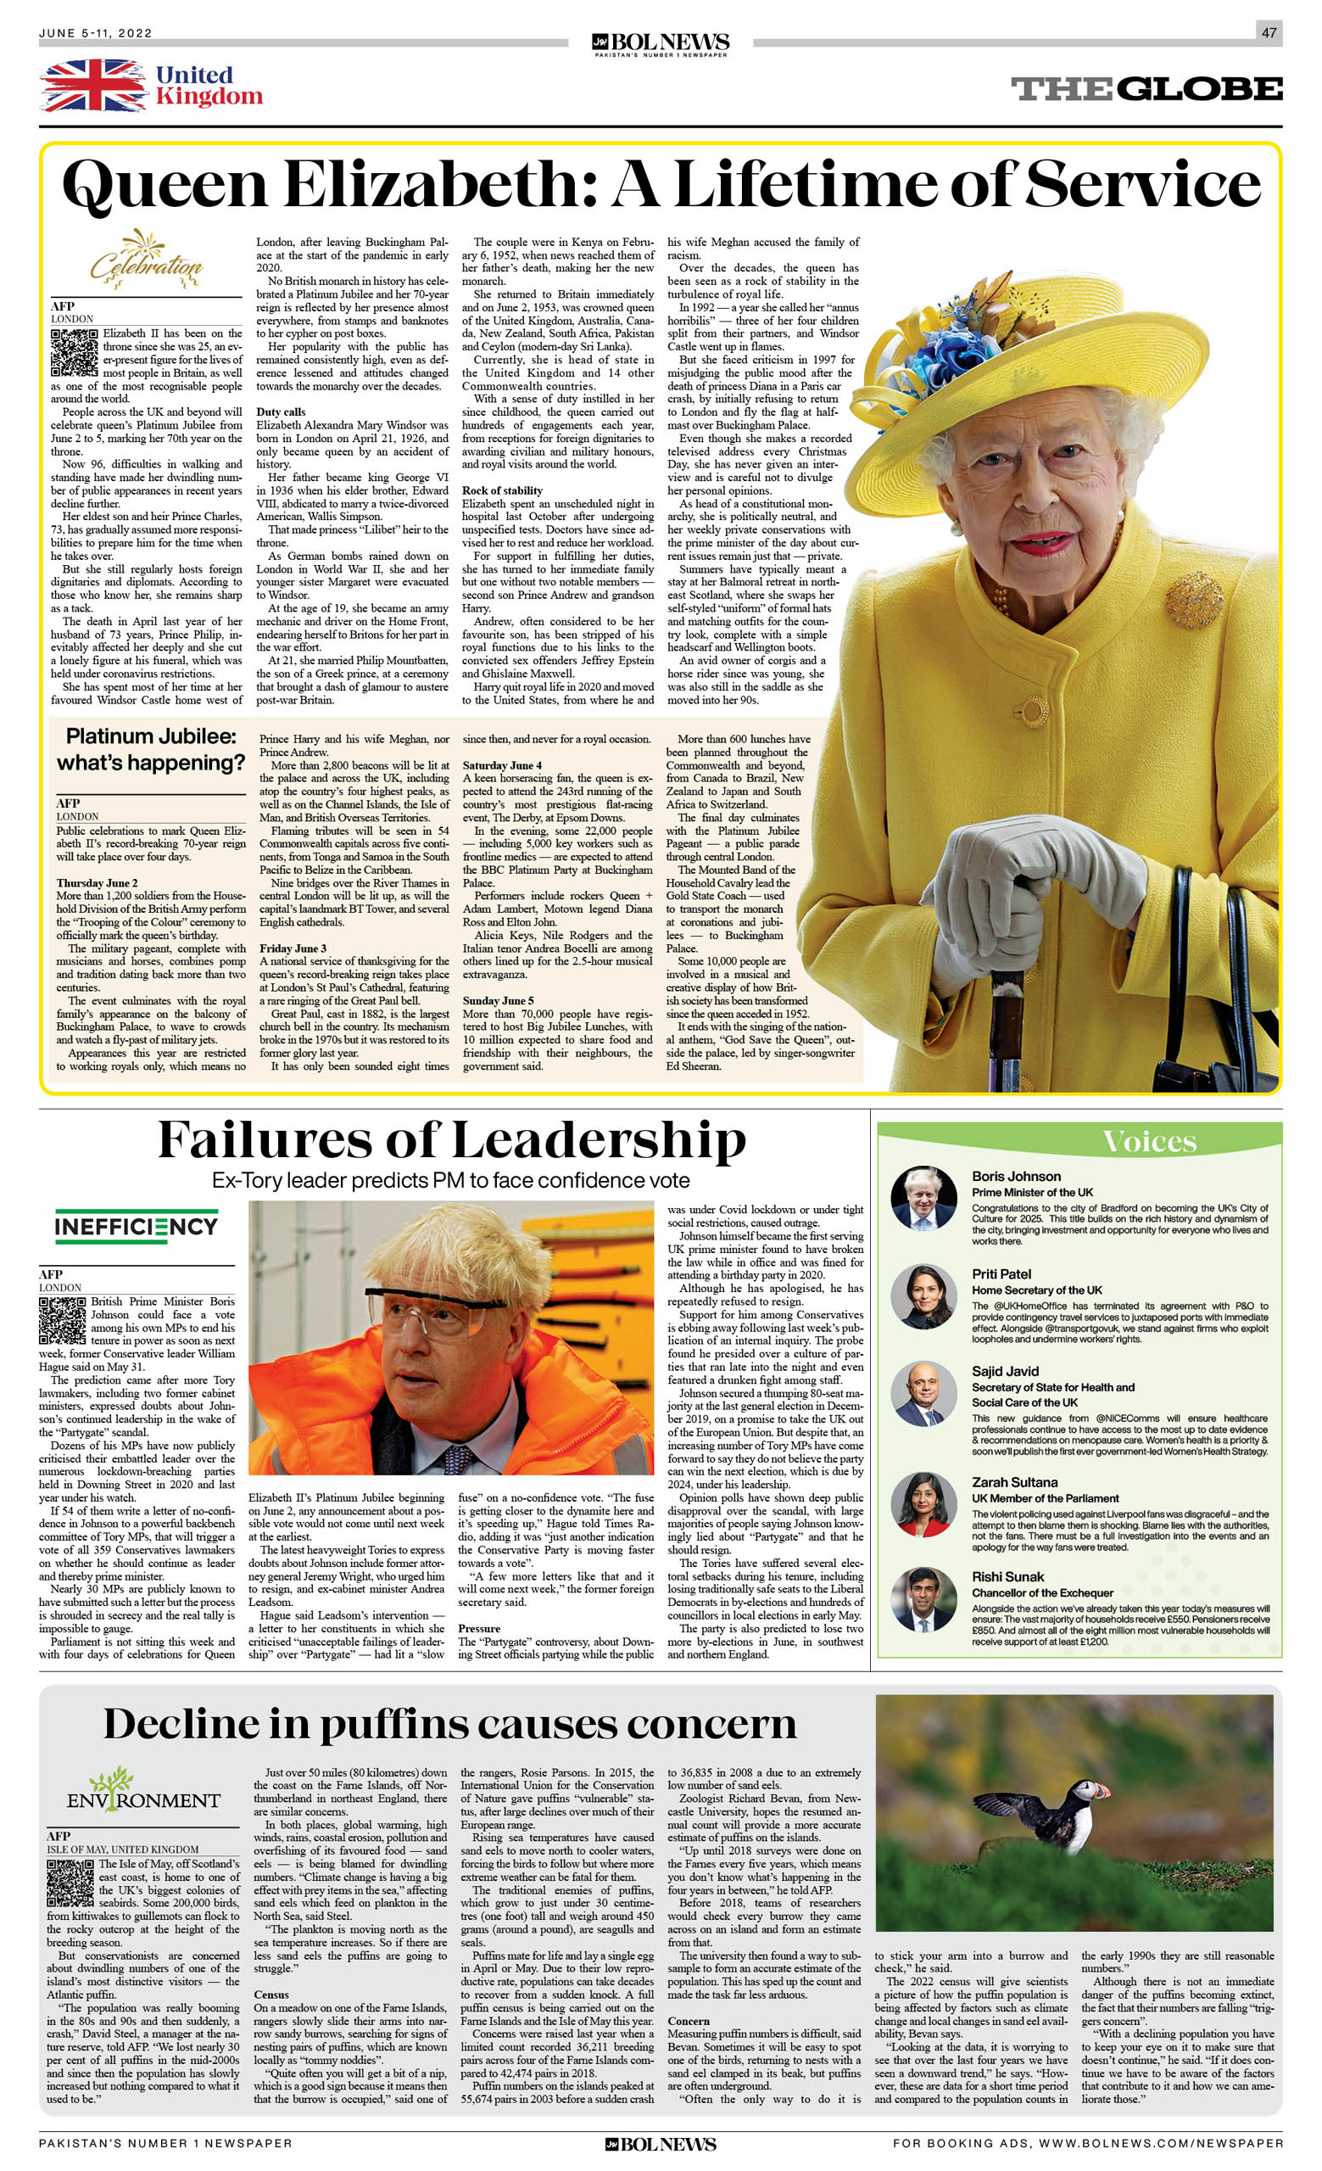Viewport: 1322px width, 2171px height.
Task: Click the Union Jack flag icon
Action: click(92, 86)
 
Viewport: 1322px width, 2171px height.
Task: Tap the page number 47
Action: click(1269, 32)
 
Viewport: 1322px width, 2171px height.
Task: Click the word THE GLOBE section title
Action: click(1146, 89)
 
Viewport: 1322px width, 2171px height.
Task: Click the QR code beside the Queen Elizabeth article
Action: click(74, 353)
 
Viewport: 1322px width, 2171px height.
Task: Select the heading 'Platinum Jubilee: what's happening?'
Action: click(151, 749)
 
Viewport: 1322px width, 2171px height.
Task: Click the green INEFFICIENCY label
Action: click(136, 1226)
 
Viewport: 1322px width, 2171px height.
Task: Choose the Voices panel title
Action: click(1149, 1141)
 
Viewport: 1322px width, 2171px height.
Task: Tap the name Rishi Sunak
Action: click(1007, 1576)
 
